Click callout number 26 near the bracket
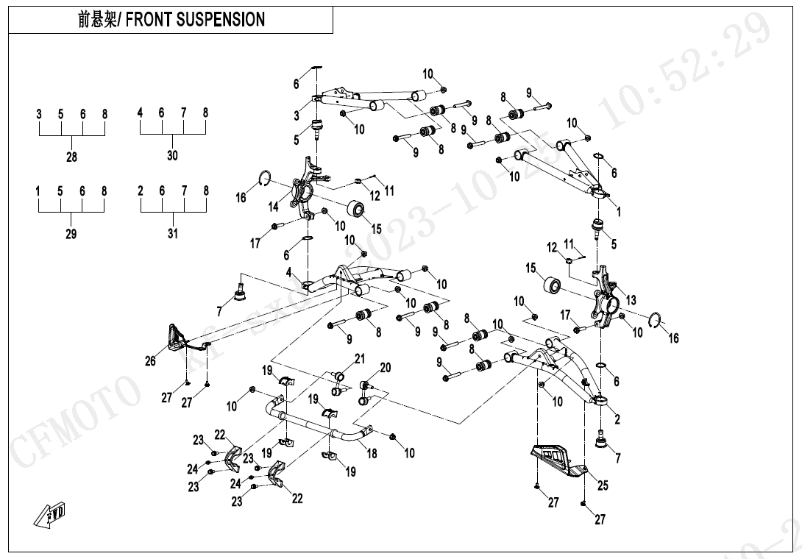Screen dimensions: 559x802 click(151, 361)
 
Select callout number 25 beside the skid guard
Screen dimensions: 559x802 click(603, 485)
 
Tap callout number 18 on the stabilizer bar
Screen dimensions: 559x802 click(372, 454)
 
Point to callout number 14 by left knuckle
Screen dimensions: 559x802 click(274, 207)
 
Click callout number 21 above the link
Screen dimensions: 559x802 click(360, 358)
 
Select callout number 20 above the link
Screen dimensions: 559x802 click(385, 368)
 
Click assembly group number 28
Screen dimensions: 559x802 click(71, 157)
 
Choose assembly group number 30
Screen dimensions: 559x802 click(173, 155)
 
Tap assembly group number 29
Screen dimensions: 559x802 click(71, 234)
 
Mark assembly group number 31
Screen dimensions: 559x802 click(173, 234)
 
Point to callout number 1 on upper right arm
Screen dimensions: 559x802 click(619, 213)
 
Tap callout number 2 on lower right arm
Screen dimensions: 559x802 click(617, 420)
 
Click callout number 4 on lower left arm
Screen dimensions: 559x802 click(290, 272)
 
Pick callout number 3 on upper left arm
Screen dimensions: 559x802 click(297, 115)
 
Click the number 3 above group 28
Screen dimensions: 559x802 click(39, 114)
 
